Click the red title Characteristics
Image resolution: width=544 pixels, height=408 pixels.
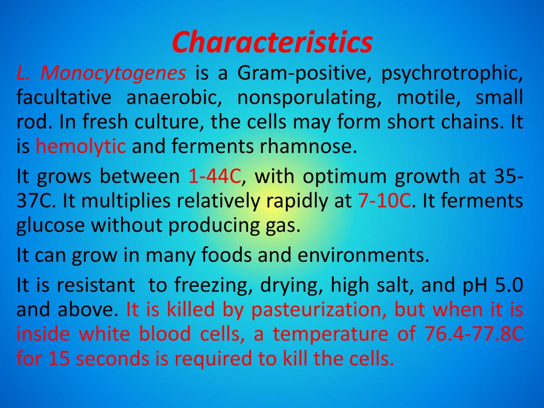272,42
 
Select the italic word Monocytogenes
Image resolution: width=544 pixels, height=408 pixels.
114,73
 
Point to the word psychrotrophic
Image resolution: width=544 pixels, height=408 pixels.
452,73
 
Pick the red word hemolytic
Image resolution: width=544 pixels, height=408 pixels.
81,146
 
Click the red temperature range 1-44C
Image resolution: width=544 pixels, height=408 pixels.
215,176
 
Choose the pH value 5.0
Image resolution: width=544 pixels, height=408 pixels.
509,285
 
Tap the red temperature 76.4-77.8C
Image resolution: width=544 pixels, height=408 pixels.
474,335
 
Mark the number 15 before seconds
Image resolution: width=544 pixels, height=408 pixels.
59,359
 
